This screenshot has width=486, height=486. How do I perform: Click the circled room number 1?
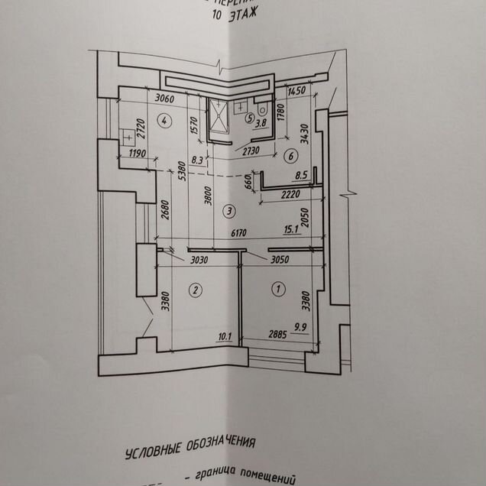(277, 289)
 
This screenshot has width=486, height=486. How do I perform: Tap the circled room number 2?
(196, 290)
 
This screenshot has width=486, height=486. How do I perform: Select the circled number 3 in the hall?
(227, 210)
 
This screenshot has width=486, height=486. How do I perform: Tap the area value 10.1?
(225, 335)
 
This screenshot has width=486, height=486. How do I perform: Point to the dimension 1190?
(138, 154)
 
